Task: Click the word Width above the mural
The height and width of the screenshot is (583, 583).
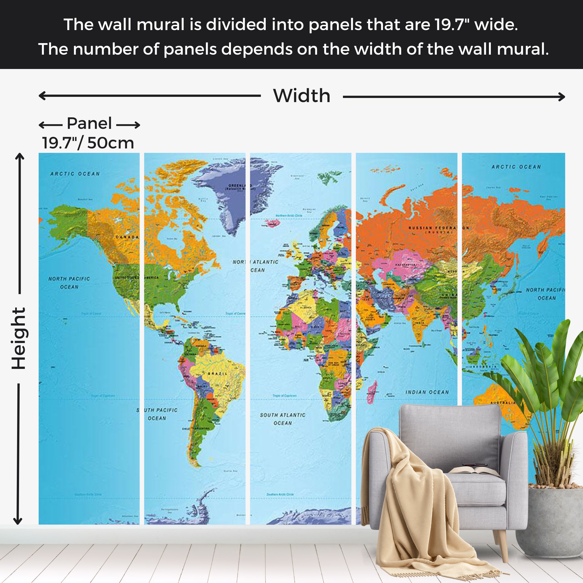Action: coord(302,96)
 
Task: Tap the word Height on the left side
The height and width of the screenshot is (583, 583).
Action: coord(19,338)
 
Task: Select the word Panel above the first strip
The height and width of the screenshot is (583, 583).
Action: coord(89,123)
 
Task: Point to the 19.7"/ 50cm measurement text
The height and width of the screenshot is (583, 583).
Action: coord(88,143)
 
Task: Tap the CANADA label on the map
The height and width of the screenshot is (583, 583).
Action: coord(127,237)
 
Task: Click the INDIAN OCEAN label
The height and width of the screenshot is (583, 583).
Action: coord(427,392)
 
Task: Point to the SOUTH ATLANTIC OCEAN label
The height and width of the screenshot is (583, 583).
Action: coord(283,419)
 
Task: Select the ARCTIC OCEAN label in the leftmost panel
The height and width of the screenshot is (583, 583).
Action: coord(75,174)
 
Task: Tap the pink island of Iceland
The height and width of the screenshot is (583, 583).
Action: coord(272,223)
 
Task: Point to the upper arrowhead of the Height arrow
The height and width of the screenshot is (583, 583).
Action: coord(20,156)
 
